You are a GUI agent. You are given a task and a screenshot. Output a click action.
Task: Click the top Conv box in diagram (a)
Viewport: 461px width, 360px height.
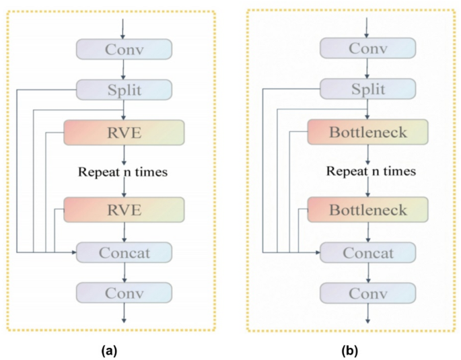pos(125,49)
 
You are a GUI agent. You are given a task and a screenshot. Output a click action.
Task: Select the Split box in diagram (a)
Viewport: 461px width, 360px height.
pos(125,89)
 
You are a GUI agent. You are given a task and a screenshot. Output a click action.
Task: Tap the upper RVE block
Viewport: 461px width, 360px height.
pos(125,132)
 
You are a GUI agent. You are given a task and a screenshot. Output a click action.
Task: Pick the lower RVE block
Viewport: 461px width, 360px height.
pos(125,210)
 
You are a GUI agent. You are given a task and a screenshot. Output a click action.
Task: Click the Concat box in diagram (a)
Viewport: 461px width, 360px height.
pos(125,252)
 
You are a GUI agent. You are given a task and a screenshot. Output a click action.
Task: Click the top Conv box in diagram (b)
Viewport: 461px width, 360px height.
pos(367,49)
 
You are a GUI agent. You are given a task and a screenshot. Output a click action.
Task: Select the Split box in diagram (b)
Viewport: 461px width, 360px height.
pos(367,89)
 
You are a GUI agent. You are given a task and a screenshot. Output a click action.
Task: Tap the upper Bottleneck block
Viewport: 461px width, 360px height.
pos(367,132)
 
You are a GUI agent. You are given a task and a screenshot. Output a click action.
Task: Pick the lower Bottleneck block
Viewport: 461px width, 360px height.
pos(367,210)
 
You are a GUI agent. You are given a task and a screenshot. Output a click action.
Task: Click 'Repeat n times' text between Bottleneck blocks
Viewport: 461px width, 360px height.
pos(371,172)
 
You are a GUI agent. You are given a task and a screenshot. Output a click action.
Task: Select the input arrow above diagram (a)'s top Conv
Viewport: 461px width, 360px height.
pos(122,28)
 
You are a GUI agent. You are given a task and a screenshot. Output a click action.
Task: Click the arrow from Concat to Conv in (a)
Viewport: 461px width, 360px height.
pos(122,272)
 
